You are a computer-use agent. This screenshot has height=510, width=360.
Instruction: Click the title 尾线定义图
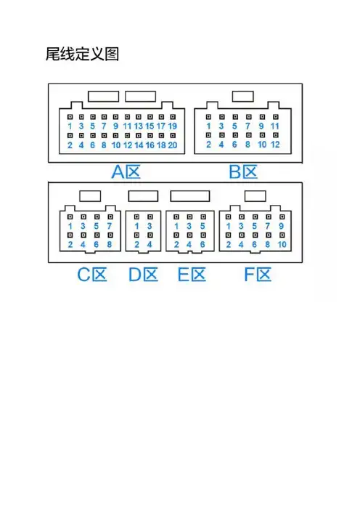(82, 54)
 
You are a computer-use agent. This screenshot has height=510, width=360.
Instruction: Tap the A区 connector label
(126, 171)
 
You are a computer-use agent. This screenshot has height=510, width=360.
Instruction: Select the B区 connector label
(243, 171)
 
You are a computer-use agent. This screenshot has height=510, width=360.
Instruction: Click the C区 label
(92, 275)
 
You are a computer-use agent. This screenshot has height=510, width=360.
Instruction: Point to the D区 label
(143, 275)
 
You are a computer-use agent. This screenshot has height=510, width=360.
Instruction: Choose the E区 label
(192, 275)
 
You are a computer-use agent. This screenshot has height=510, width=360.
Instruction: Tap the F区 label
(258, 275)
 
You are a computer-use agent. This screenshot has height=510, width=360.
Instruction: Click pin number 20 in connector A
(173, 145)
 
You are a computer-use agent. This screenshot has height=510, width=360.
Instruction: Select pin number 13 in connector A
(139, 126)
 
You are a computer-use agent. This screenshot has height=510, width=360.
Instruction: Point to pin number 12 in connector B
(275, 145)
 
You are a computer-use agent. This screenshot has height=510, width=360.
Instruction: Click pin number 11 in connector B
(275, 126)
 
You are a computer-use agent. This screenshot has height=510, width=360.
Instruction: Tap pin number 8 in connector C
(110, 244)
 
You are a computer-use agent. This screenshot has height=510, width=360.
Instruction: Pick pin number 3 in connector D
(150, 226)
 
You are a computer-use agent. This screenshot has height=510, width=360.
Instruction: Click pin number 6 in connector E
(202, 244)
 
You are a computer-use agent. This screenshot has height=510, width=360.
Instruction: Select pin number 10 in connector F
(282, 244)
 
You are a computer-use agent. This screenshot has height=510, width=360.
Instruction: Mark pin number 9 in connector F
(282, 226)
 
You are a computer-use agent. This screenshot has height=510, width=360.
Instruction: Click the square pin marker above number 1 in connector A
(70, 117)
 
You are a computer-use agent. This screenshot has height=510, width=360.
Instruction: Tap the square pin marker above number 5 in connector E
(203, 216)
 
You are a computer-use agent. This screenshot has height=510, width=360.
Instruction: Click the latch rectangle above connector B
(242, 97)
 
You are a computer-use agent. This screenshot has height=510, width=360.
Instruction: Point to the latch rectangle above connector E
(190, 196)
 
